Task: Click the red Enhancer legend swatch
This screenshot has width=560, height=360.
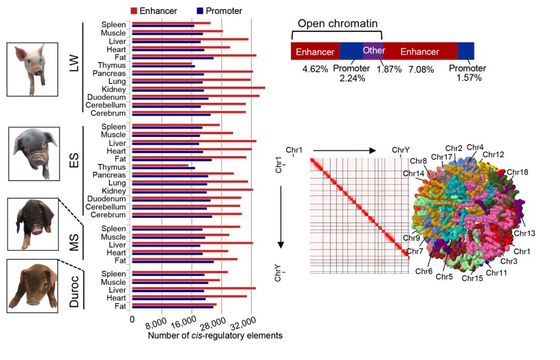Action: [x=134, y=11]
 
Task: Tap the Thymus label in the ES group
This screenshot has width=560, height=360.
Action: [x=111, y=167]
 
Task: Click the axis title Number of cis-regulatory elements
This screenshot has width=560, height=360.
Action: [x=215, y=336]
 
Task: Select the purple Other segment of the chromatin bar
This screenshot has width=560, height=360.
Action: [x=373, y=51]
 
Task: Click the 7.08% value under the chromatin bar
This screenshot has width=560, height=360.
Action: [x=421, y=70]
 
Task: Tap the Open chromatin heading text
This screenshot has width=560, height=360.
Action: [x=338, y=24]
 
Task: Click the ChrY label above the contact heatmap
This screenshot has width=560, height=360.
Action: [x=400, y=150]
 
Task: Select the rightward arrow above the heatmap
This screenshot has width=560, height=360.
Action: [x=344, y=150]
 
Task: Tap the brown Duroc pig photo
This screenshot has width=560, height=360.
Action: [x=32, y=286]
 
